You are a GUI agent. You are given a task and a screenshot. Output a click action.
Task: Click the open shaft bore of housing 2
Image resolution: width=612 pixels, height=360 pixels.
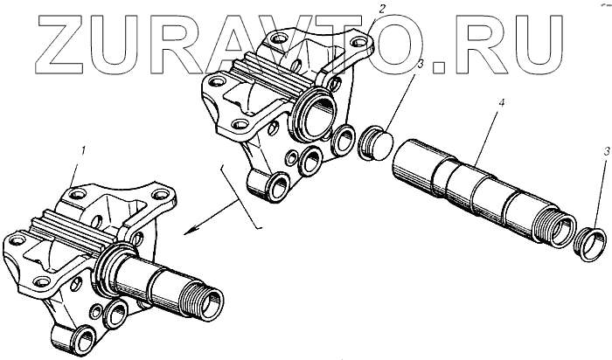click(319, 114)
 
